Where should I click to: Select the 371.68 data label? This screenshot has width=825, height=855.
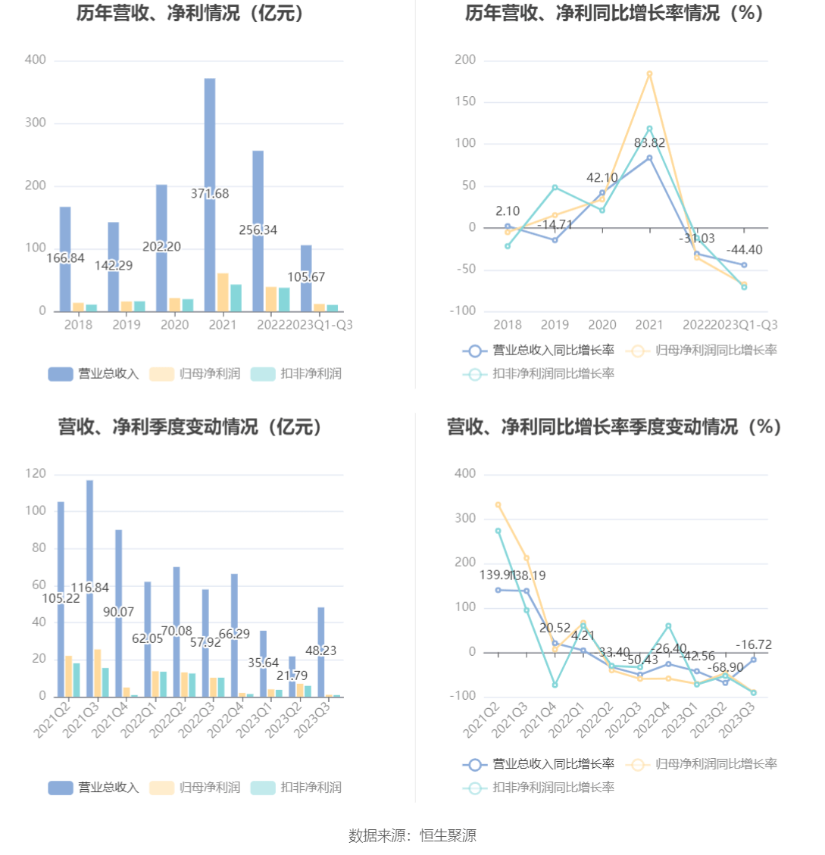tap(210, 194)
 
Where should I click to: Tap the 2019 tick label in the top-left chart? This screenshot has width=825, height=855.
tap(127, 325)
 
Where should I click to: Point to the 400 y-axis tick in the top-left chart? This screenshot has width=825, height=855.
tap(36, 60)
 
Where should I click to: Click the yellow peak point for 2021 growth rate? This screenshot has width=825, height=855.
tap(649, 73)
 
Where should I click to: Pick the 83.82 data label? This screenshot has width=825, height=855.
tap(649, 143)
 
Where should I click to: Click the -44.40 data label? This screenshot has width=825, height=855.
tap(744, 250)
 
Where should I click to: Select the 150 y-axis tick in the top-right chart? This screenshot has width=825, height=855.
tap(466, 101)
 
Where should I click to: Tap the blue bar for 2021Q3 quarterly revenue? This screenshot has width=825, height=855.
tap(89, 530)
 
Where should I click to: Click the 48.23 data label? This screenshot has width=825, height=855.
tap(320, 651)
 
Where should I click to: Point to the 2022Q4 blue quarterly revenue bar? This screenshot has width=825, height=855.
tap(235, 606)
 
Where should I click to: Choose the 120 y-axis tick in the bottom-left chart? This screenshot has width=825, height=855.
tap(36, 474)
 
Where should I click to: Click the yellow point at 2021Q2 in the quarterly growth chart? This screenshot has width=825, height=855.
tap(498, 504)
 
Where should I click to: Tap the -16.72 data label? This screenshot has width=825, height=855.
tap(753, 645)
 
